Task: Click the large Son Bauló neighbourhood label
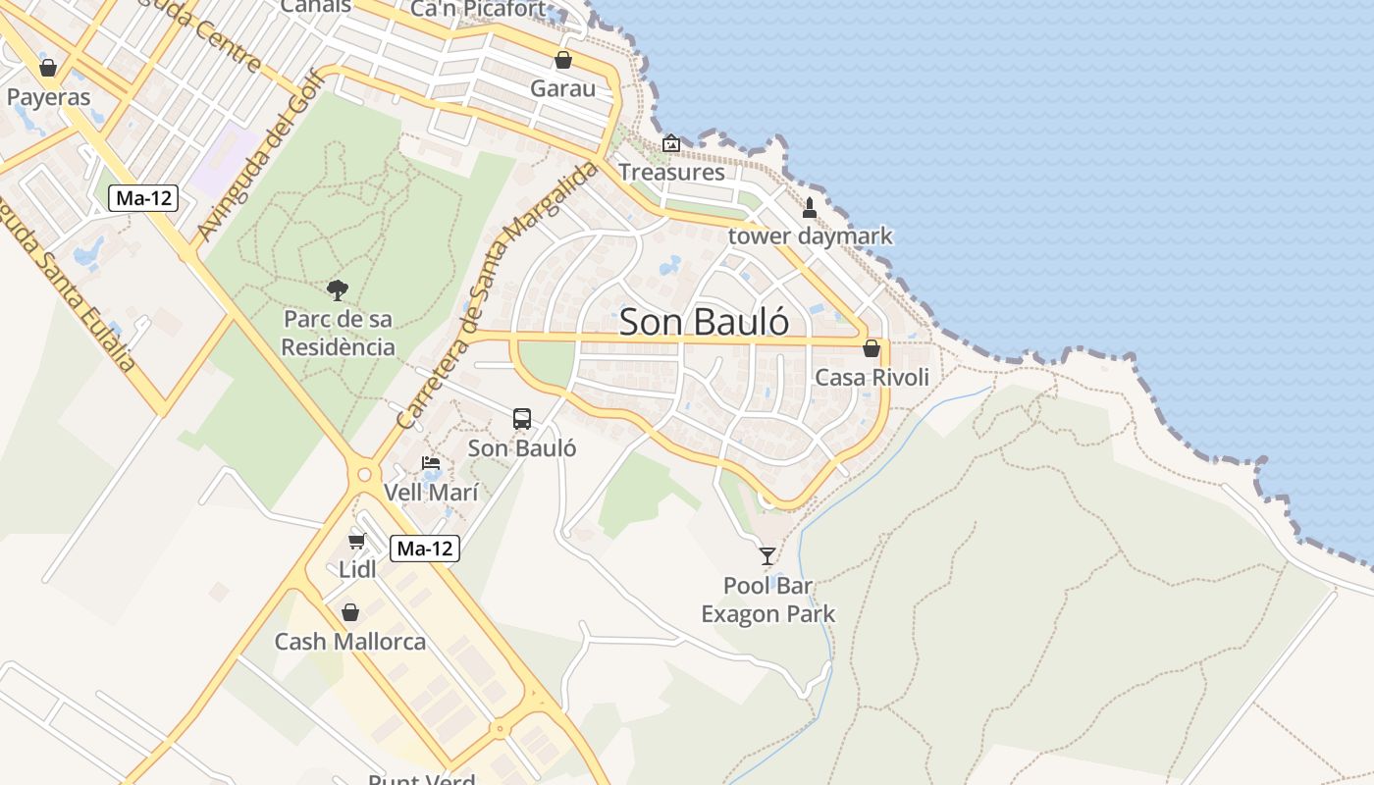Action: pos(705,322)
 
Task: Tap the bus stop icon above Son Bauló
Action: pos(522,419)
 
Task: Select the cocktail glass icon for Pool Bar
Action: pos(767,556)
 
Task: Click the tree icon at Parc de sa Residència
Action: pos(338,289)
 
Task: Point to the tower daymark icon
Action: pos(810,207)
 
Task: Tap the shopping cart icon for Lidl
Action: pos(357,541)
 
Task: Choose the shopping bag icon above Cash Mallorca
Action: pos(350,612)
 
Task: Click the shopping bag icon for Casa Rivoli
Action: pos(872,348)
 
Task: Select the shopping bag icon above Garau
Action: pos(563,60)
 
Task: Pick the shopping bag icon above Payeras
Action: pos(48,68)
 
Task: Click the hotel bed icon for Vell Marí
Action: pos(431,463)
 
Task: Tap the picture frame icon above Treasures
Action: pos(671,144)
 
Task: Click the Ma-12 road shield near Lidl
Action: pos(425,549)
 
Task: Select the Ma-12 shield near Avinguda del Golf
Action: pos(143,198)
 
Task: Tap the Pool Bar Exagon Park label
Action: pos(767,601)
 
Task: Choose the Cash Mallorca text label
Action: pos(350,642)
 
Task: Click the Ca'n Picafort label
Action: pos(478,9)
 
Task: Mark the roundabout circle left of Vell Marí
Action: pos(364,475)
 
